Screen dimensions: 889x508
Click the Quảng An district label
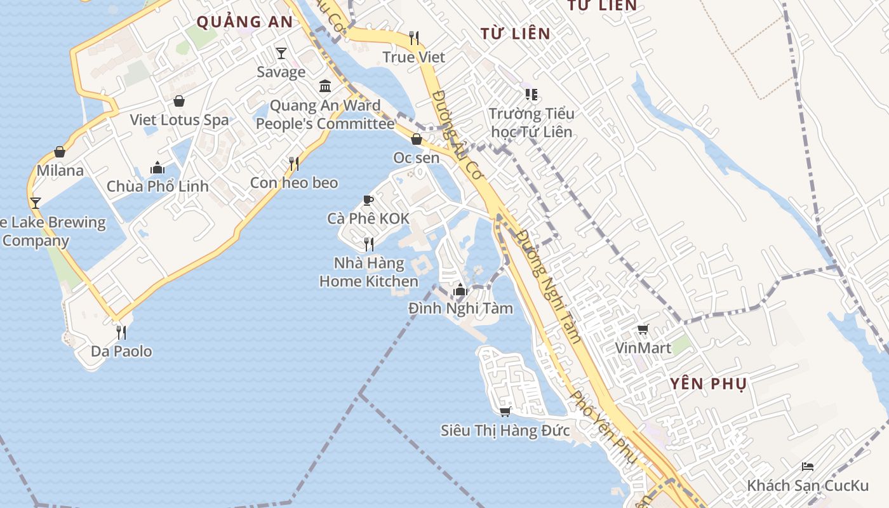244,22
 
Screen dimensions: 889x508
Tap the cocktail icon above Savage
281,53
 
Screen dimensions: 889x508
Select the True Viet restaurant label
414,57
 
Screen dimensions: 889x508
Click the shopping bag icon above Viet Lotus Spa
179,101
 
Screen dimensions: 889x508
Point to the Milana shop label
60,170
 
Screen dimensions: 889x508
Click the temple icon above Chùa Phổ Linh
157,168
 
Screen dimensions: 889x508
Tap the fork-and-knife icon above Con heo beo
294,164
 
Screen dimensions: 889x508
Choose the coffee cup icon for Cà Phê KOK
368,201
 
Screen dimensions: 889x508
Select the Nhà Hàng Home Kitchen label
369,272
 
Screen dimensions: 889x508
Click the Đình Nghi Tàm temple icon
460,291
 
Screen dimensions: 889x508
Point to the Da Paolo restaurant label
121,351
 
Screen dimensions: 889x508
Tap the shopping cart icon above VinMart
643,329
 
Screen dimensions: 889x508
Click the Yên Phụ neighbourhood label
709,384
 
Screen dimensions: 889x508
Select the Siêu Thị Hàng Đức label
505,431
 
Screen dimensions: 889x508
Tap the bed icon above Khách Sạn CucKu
808,467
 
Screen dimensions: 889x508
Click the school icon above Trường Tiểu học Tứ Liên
531,95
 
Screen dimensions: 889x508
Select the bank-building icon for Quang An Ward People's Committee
325,86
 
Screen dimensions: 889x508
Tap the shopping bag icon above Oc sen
417,139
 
